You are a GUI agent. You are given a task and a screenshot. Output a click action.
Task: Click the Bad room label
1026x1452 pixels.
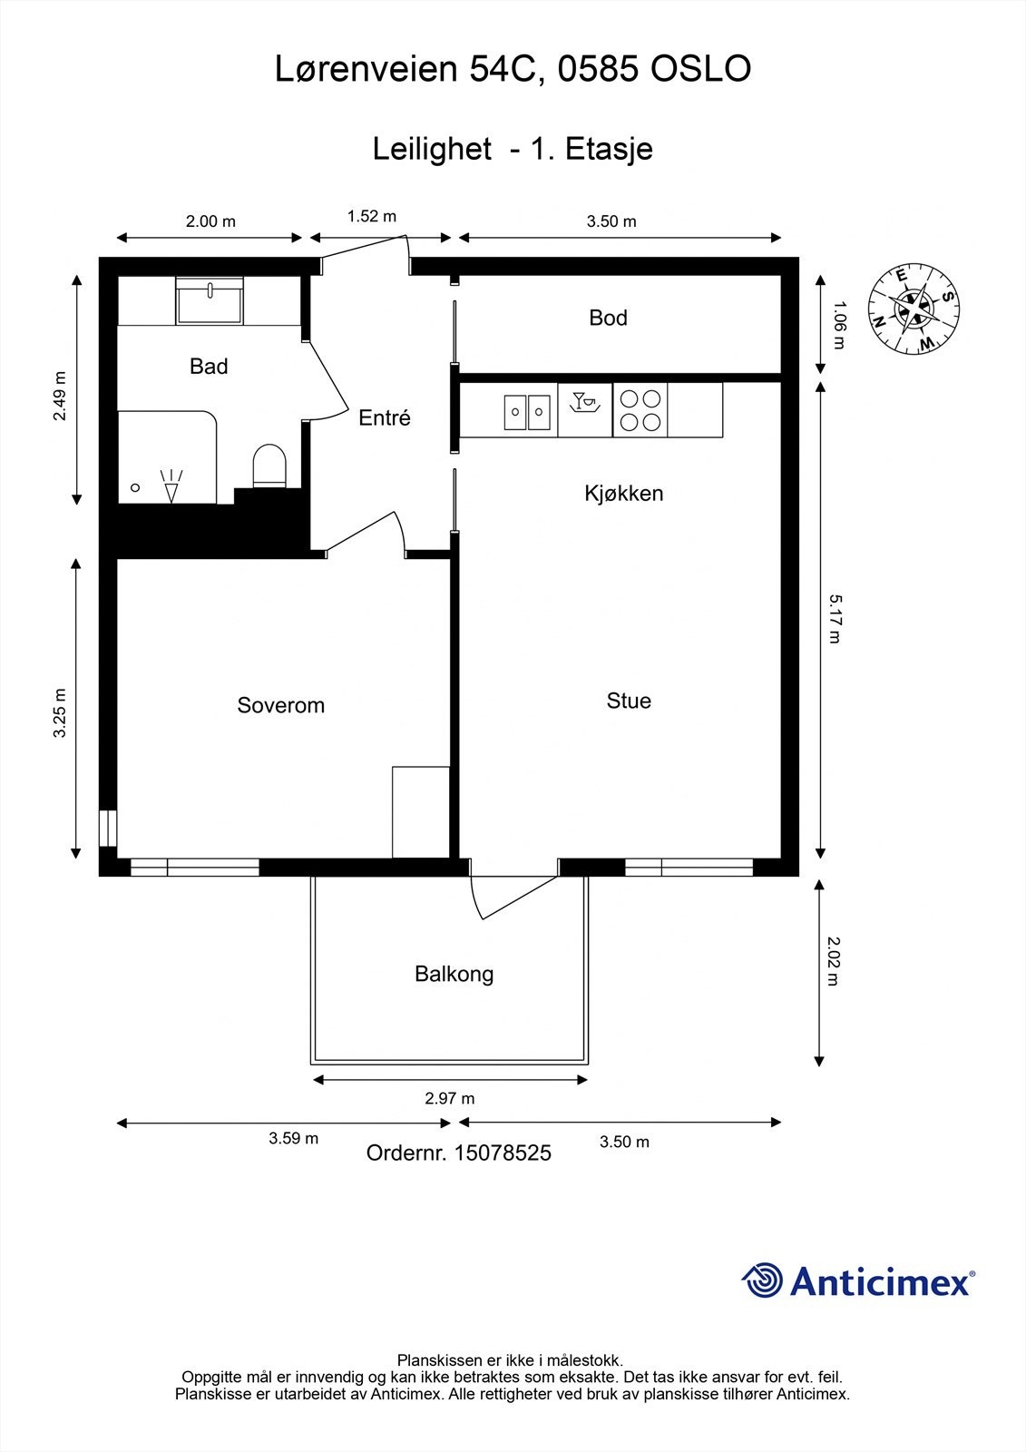coord(209,367)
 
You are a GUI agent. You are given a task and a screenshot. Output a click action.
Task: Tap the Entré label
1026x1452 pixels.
coord(385,418)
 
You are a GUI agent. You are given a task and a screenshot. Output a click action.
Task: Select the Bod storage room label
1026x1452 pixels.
coord(608,318)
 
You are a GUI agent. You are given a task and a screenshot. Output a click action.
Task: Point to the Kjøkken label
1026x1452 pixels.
coord(623,494)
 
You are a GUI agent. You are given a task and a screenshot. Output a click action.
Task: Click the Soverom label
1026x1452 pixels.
coord(280,705)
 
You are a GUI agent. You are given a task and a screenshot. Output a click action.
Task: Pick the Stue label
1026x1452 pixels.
coord(629,701)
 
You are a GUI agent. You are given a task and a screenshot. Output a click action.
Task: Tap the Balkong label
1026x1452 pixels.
coord(454,974)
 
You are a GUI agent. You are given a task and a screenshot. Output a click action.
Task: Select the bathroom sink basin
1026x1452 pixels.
coord(210,300)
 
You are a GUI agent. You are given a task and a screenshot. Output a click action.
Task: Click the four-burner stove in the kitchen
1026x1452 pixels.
coord(640,410)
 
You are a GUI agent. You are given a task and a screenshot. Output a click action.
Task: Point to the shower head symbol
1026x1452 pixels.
coord(171,486)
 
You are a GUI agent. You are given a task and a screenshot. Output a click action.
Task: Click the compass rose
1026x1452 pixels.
coord(914,309)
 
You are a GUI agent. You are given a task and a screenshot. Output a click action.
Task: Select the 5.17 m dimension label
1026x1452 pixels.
coord(835,619)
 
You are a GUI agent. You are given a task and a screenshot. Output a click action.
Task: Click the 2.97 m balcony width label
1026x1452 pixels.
coord(450,1098)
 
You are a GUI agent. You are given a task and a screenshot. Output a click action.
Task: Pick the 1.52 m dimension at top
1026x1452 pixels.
coord(371,216)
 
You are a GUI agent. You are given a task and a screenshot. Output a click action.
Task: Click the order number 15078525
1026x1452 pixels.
coord(503,1153)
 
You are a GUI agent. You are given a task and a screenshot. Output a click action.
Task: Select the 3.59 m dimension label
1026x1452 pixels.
coord(294,1138)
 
